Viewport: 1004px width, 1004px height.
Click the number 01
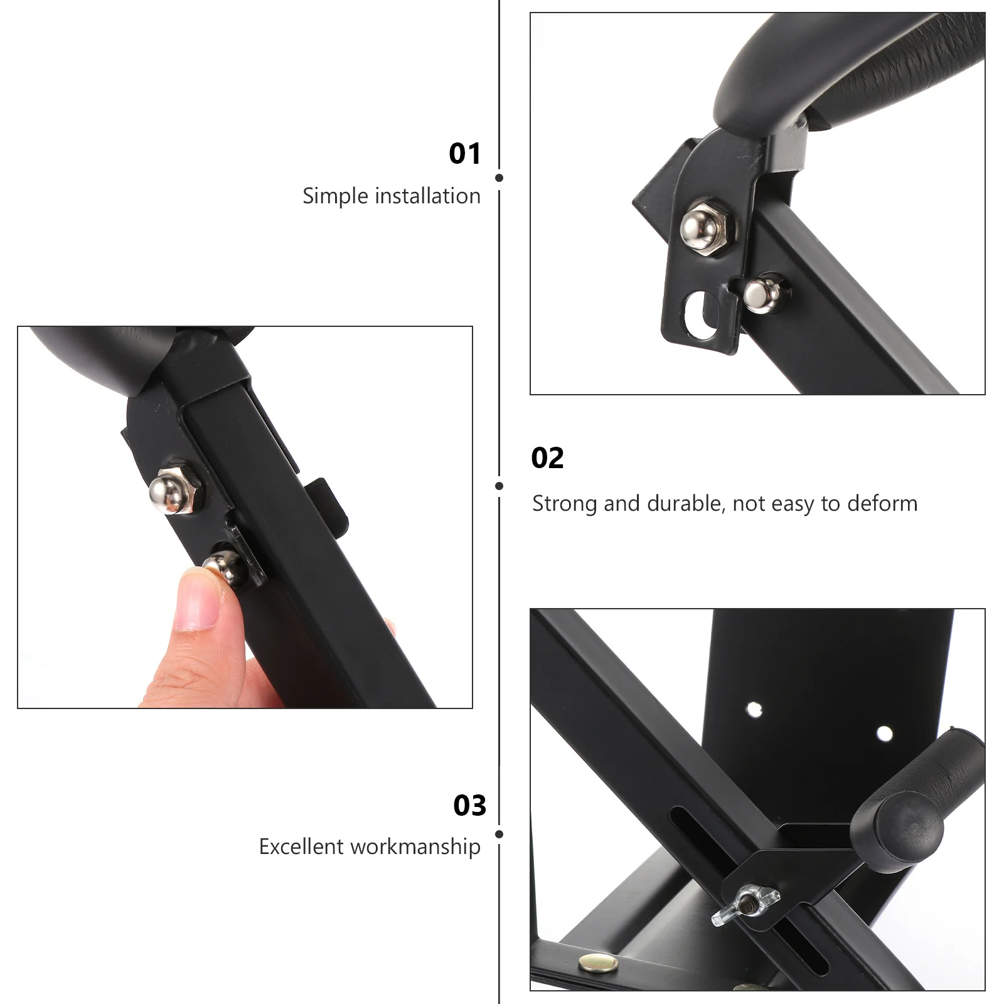point(464,154)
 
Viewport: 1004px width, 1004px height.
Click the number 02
point(547,458)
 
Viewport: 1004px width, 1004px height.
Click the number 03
point(469,806)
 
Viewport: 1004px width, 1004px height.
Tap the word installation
point(427,196)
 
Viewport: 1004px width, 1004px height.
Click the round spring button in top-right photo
point(759,294)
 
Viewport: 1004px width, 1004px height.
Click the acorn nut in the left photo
point(173,491)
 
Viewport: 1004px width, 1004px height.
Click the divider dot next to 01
point(499,178)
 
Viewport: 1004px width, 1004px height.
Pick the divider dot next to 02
point(499,486)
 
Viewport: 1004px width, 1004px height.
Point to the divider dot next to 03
point(499,834)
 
